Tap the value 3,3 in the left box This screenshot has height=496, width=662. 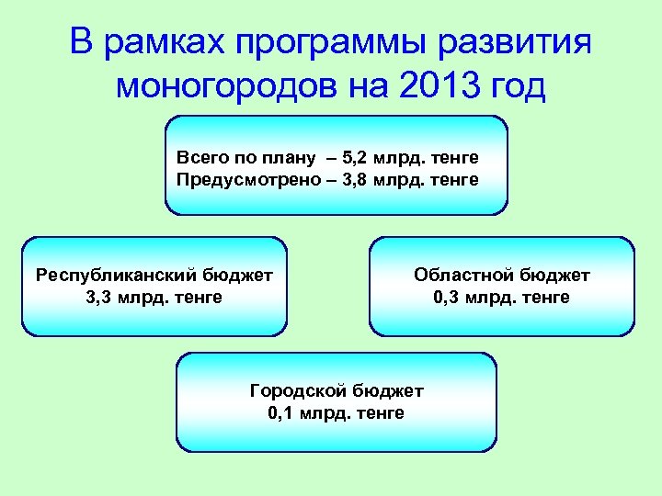98,297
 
